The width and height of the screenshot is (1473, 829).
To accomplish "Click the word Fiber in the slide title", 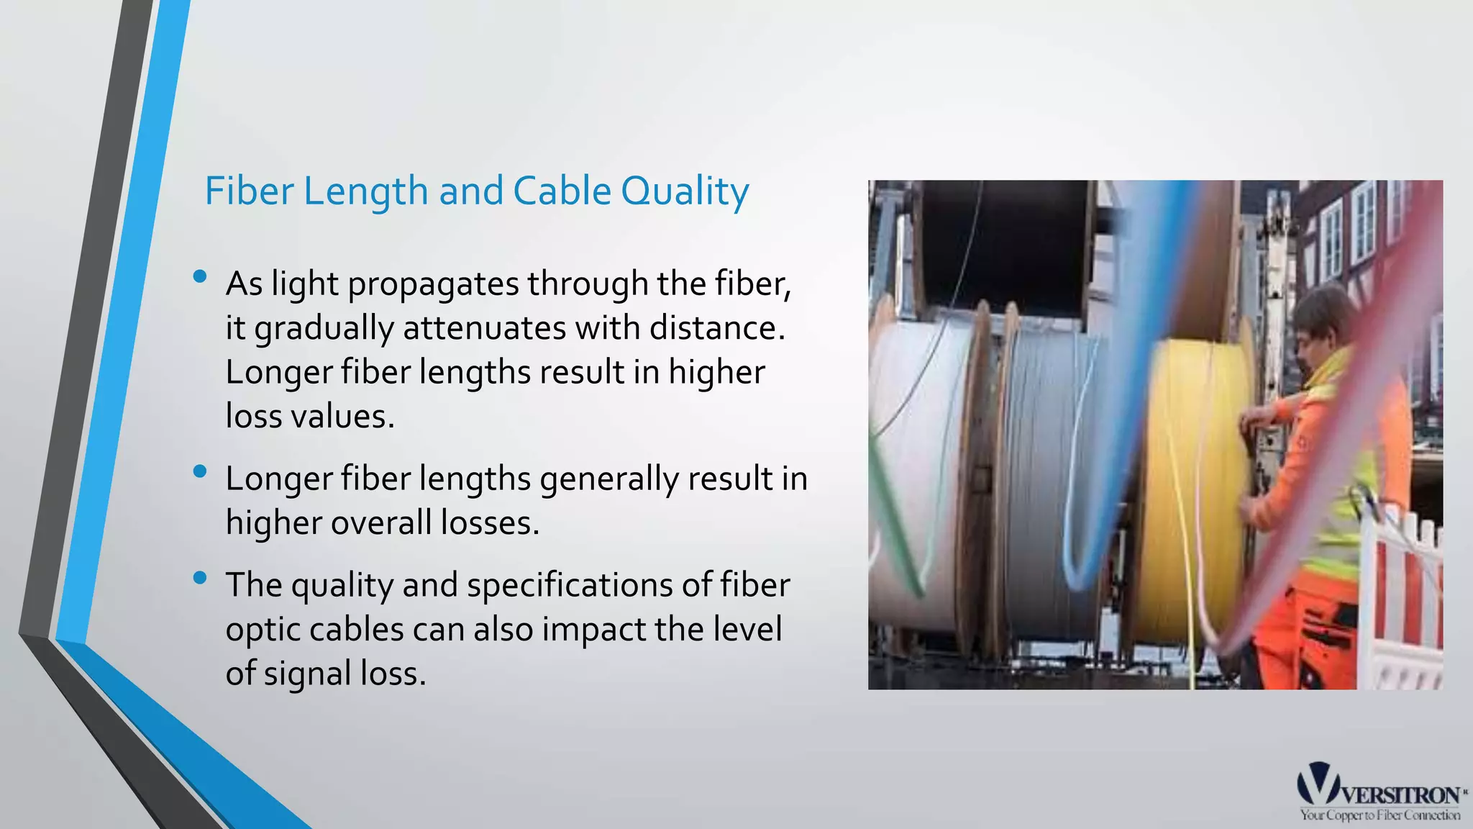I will coord(249,191).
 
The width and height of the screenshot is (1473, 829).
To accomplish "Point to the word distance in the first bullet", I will coord(713,328).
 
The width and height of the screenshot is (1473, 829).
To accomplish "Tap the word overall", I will coord(380,523).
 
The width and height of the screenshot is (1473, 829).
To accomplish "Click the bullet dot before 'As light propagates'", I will coord(200,276).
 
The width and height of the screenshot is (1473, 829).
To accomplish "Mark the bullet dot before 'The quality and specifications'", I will coord(200,577).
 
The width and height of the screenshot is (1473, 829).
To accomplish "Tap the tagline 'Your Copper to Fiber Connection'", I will coord(1379,815).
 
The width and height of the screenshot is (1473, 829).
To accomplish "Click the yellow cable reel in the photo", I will coord(1198,489).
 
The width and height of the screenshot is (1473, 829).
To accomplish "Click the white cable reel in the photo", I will coord(913,468).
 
